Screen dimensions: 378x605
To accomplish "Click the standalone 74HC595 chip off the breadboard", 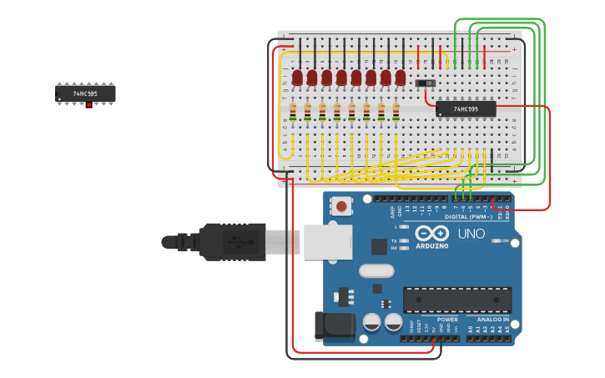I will [x=85, y=93].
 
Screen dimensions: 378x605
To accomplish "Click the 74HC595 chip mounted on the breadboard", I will [x=466, y=108].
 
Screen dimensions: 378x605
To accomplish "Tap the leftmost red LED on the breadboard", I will [x=297, y=78].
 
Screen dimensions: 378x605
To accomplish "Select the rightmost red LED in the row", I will [x=401, y=78].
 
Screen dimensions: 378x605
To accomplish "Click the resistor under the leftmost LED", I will [x=293, y=112].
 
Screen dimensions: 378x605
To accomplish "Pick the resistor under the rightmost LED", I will [x=396, y=112].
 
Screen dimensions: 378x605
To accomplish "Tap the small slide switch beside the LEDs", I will [x=425, y=83].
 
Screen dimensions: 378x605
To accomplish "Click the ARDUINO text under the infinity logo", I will [x=431, y=246].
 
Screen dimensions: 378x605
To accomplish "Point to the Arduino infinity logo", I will [x=431, y=234].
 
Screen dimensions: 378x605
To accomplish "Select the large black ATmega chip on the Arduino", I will [x=457, y=300].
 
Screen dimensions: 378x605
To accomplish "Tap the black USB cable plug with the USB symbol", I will [x=234, y=242].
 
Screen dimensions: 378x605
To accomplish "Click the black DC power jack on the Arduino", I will [x=333, y=325].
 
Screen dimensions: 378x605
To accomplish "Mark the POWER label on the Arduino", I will [x=447, y=320].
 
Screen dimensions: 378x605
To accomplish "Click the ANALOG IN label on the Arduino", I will [x=493, y=320].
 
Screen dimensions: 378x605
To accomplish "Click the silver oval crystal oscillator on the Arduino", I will [x=376, y=270].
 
